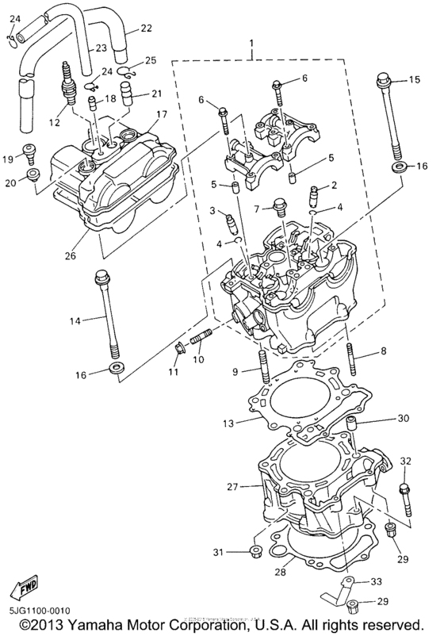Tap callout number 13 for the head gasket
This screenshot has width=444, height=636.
coord(228,424)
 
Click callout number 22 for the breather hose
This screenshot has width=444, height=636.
coord(146,29)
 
